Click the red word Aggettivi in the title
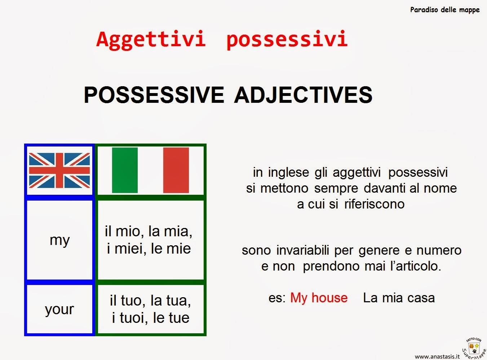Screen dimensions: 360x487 [x=151, y=39]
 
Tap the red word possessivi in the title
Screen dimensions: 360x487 [x=287, y=39]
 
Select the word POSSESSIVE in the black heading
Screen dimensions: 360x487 [x=154, y=95]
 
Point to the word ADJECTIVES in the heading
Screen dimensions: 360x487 [x=303, y=95]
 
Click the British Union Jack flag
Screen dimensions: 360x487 [x=59, y=170]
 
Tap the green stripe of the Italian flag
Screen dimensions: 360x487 [x=125, y=170]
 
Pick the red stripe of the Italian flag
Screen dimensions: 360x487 [x=176, y=170]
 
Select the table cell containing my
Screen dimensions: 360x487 [x=60, y=240]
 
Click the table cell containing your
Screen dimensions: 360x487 [x=59, y=309]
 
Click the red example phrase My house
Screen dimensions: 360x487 [x=319, y=298]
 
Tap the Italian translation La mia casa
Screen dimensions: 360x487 [x=399, y=298]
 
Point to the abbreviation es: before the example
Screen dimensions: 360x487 [x=277, y=298]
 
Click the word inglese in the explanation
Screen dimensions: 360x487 [x=288, y=172]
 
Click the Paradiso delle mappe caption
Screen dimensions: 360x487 [x=445, y=10]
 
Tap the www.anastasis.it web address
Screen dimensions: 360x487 [x=437, y=356]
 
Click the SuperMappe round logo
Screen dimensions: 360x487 [x=474, y=348]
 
